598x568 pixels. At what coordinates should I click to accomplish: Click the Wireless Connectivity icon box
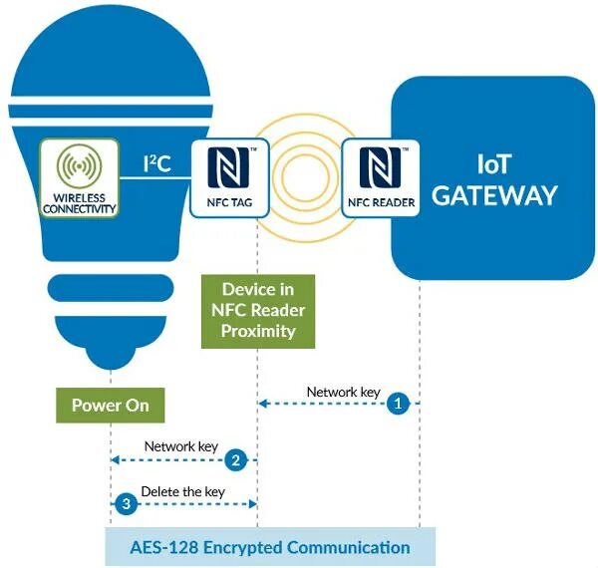point(79,178)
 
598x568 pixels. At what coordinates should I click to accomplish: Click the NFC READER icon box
point(380,178)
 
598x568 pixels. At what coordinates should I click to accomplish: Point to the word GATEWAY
point(494,194)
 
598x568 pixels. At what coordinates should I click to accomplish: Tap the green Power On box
point(110,406)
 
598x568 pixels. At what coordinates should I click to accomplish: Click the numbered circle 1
point(399,404)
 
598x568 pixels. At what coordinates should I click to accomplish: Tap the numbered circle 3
point(126,504)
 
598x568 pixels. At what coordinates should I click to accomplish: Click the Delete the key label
point(182,491)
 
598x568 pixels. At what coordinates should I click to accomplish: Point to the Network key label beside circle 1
point(343,392)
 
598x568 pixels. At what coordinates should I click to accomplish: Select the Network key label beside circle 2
point(181,447)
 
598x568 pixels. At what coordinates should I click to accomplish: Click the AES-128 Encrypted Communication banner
point(270,547)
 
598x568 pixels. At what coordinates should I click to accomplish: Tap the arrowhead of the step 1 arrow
point(261,404)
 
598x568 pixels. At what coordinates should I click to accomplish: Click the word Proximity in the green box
point(257,331)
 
